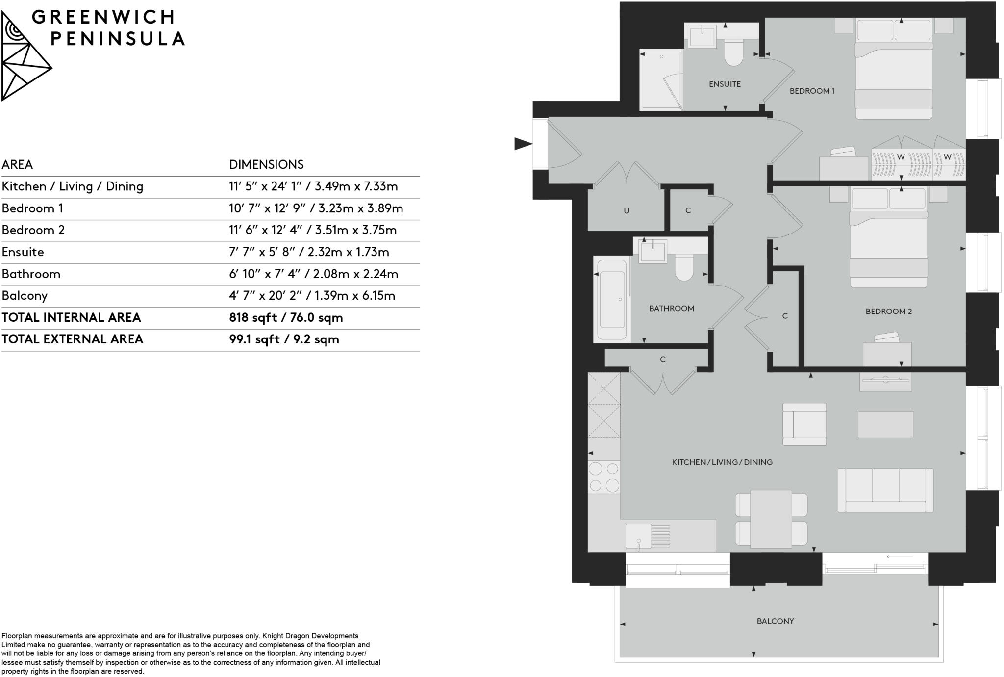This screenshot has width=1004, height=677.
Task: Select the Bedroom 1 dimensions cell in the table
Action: [316, 208]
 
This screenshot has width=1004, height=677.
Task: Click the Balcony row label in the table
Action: [25, 296]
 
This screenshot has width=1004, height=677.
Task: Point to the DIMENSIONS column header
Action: [266, 164]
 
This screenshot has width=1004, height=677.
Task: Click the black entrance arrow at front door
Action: [523, 144]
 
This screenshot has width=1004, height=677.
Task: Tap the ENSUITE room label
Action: [724, 84]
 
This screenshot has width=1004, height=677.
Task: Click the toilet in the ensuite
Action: [734, 52]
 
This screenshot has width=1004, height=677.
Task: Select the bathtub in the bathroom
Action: [611, 300]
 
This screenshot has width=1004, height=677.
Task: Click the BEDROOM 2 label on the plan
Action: [888, 312]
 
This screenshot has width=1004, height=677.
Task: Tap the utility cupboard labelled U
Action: [626, 211]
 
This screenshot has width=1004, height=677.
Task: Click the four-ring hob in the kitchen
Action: [604, 477]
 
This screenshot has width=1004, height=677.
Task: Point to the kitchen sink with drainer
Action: [648, 536]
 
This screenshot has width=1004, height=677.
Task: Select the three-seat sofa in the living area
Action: [885, 490]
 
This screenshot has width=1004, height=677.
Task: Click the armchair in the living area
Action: [804, 424]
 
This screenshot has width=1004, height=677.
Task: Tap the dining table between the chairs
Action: [771, 519]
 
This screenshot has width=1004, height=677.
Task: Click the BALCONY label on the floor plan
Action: [775, 621]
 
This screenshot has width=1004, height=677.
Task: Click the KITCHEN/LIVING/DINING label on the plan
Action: [722, 462]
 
